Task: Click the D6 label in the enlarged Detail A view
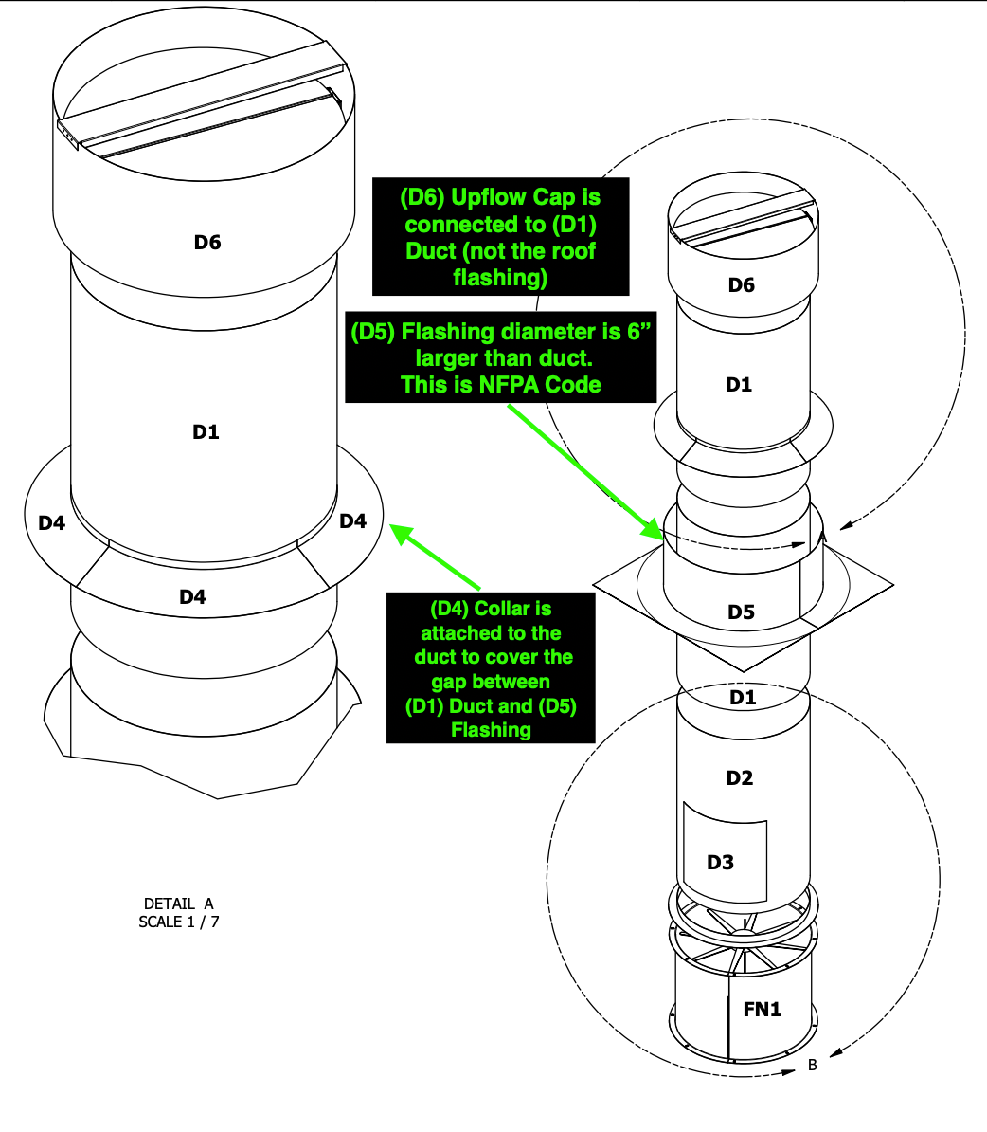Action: (207, 243)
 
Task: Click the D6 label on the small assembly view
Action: (741, 284)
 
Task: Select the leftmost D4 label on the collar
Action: (51, 522)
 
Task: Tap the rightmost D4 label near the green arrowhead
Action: (352, 520)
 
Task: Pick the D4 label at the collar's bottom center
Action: (192, 596)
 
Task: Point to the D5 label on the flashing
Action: (741, 612)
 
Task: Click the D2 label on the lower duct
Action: (739, 778)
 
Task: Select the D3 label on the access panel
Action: (720, 863)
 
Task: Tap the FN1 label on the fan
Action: (762, 1010)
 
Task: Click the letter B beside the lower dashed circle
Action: (813, 1066)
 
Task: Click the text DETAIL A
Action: (179, 904)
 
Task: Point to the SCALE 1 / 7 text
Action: (179, 922)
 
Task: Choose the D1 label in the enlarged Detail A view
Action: (206, 432)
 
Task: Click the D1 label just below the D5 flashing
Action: (743, 698)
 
